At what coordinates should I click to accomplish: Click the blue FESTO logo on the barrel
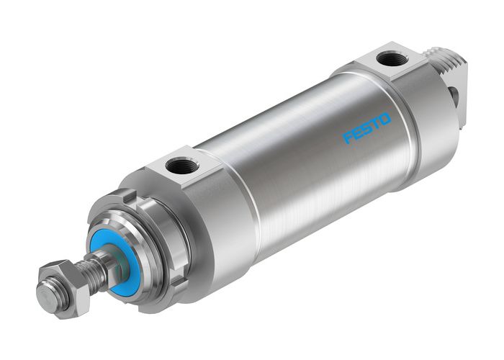[x=367, y=127]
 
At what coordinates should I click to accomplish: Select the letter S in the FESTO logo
[x=367, y=127]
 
